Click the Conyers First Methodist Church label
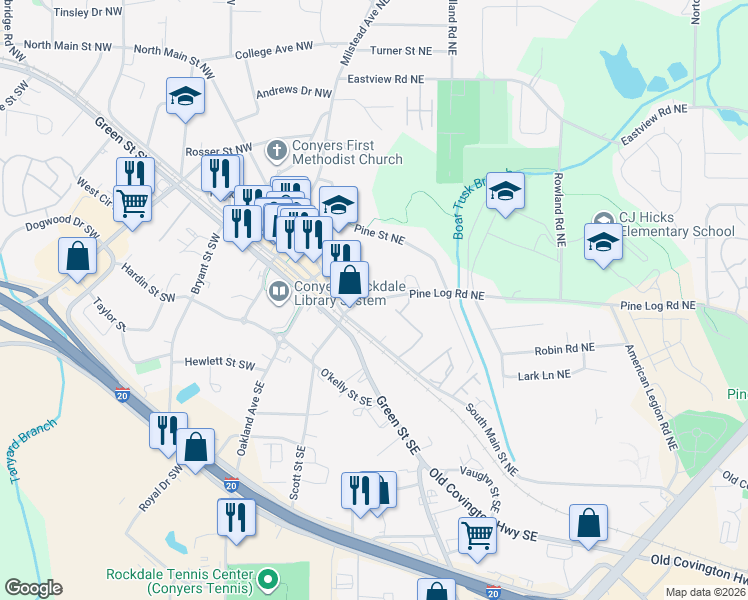346,151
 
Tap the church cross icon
277,151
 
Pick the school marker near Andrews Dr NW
185,96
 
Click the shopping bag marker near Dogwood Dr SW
77,256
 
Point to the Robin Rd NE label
564,349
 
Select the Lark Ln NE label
544,374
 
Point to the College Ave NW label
269,51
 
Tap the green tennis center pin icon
267,579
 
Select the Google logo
33,588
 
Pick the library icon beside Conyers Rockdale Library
278,292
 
